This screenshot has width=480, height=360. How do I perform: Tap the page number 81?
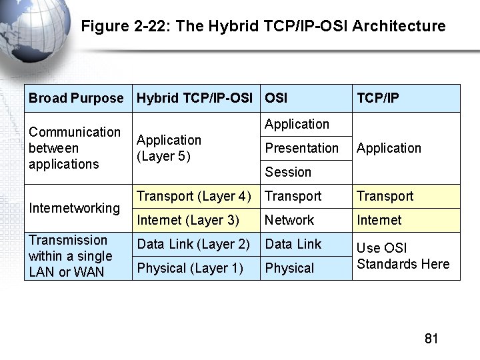tap(431, 339)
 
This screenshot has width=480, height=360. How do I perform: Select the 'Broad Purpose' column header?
tap(76, 98)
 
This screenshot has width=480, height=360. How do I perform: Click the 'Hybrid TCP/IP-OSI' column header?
tap(194, 98)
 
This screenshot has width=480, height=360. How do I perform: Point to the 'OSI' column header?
tap(276, 98)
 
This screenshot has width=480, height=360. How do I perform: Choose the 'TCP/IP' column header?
tap(378, 98)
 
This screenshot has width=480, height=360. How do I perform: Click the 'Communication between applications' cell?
tap(75, 148)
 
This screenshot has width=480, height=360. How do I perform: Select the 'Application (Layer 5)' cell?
tap(169, 148)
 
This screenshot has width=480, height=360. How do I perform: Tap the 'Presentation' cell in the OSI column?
tap(301, 148)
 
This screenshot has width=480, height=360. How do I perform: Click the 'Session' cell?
tap(288, 172)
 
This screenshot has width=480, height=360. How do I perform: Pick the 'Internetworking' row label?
tap(74, 208)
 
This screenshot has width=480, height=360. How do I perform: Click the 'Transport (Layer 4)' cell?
tap(193, 196)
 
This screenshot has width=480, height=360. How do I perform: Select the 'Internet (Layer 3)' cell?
tap(187, 220)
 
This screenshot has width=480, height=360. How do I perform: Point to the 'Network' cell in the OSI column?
tap(289, 220)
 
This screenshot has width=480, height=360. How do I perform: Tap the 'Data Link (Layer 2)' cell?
tap(193, 244)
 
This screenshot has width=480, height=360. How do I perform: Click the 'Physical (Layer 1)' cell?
tap(190, 268)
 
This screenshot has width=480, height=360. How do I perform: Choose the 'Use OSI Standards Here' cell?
tap(403, 256)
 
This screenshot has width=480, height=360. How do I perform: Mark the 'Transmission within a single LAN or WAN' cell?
tap(70, 256)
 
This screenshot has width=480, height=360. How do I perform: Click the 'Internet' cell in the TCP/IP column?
tap(379, 220)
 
